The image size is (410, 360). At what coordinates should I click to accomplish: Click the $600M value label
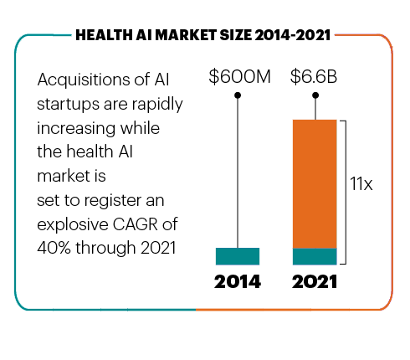click(239, 78)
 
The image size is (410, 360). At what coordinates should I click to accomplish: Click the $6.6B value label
click(314, 78)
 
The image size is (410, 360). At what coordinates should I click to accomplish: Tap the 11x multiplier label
click(361, 184)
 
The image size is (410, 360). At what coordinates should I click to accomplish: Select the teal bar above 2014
click(238, 256)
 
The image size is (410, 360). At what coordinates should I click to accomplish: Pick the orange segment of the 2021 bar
click(315, 183)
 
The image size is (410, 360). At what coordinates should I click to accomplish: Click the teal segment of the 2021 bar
click(315, 256)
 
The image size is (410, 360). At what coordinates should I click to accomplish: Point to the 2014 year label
click(238, 282)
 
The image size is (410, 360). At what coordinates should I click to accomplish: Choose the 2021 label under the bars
click(315, 282)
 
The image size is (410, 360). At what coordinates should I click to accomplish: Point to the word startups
click(67, 103)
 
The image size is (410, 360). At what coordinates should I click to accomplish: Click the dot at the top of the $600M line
click(238, 96)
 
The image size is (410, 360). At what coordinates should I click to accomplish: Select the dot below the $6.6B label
click(315, 96)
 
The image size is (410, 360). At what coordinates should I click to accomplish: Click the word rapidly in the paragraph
click(155, 103)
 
